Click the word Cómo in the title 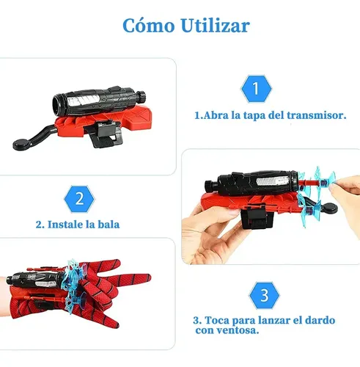[149, 25]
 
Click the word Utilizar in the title [216, 25]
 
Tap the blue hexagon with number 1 [256, 89]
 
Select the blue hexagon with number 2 [79, 199]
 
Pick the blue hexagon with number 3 [264, 296]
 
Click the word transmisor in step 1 [317, 115]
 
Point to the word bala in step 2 [109, 225]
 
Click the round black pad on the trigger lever [22, 145]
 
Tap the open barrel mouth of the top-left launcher [58, 105]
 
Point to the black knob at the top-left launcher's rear [141, 96]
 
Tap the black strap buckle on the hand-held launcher [257, 217]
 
